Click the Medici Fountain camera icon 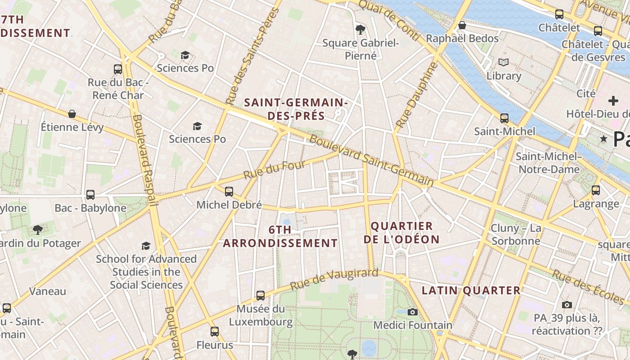pyautogui.click(x=412, y=312)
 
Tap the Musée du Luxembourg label pyautogui.click(x=261, y=315)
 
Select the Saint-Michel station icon pyautogui.click(x=504, y=118)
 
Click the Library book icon pyautogui.click(x=503, y=63)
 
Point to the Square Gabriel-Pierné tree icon pyautogui.click(x=360, y=30)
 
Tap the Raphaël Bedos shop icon pyautogui.click(x=462, y=25)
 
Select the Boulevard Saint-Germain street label pyautogui.click(x=371, y=161)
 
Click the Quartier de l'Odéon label pyautogui.click(x=401, y=233)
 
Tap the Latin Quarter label pyautogui.click(x=471, y=291)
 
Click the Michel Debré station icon pyautogui.click(x=229, y=192)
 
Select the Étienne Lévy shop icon pyautogui.click(x=72, y=114)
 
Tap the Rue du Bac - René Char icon pyautogui.click(x=118, y=69)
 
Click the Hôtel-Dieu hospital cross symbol pyautogui.click(x=613, y=101)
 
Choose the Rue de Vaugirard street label pyautogui.click(x=334, y=279)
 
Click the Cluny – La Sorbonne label pyautogui.click(x=516, y=234)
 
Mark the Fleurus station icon pyautogui.click(x=215, y=332)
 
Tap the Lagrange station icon pyautogui.click(x=596, y=190)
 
